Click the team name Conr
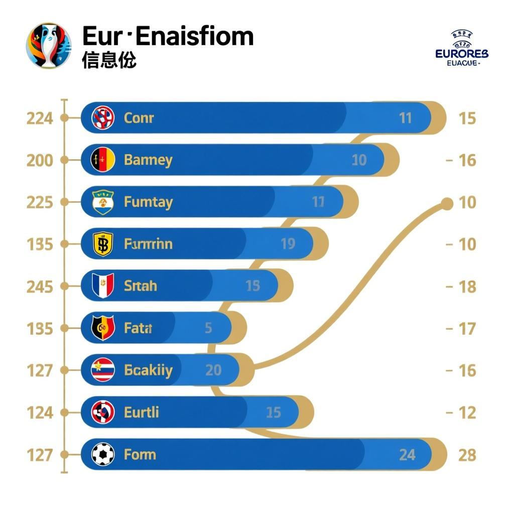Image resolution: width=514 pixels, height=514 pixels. point(139,118)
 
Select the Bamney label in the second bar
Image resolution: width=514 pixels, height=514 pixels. point(148,160)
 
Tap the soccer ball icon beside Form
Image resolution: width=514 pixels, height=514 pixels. point(103,455)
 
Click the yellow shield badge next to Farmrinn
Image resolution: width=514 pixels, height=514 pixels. point(103,244)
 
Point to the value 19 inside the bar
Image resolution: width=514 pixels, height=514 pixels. point(288,244)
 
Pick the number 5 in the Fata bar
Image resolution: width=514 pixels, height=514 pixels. point(208,328)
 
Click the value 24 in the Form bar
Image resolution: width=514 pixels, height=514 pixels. point(407,455)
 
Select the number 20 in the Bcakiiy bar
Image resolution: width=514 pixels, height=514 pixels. point(213,370)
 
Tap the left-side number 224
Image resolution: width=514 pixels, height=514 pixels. point(40,118)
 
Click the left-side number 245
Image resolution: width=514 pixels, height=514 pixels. point(40,287)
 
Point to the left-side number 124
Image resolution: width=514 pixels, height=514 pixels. point(40,413)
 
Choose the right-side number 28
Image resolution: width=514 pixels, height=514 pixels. point(467,455)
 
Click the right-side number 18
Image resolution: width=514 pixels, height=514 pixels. point(467,287)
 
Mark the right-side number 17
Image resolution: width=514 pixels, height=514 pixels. point(467,329)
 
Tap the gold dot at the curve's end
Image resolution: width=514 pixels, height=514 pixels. point(446,203)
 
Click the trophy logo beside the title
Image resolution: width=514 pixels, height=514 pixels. point(49,46)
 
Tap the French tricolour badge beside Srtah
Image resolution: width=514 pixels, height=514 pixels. point(103,286)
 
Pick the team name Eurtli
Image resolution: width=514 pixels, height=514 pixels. point(141,413)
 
